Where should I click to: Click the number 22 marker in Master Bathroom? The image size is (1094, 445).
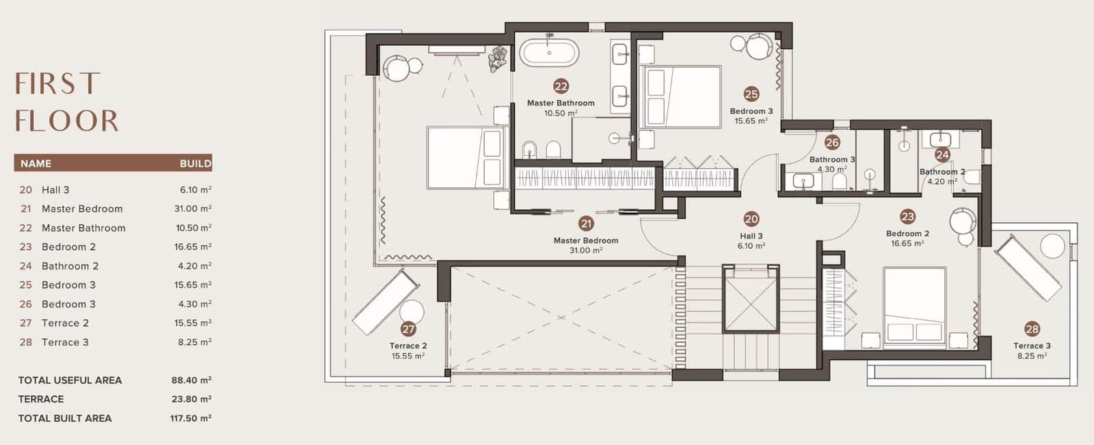561,86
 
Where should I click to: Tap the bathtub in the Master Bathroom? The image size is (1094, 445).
549,53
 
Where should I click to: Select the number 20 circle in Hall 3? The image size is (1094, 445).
751,219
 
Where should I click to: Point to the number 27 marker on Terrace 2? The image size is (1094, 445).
408,329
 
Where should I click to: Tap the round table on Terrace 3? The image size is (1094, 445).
1052,245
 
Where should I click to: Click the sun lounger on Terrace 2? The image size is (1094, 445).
386,303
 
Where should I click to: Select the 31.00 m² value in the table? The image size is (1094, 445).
193,208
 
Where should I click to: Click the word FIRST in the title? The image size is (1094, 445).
57,83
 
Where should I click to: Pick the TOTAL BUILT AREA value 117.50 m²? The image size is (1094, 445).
191,418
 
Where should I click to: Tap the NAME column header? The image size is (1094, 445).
36,163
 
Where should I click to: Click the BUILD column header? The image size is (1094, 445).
196,163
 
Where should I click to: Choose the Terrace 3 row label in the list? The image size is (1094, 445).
65,342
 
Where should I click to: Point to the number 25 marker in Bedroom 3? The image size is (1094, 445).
751,94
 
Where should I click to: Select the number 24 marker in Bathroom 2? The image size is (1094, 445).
942,155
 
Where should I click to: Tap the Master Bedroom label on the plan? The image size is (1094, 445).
585,241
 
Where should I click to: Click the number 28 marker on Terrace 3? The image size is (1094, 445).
1032,329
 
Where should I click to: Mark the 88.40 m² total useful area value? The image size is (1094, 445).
191,380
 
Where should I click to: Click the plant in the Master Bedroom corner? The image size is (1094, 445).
498,59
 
